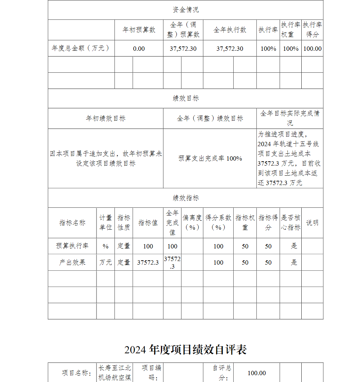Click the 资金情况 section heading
[x=185, y=10]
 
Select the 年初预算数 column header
[x=139, y=30]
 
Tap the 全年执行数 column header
[x=230, y=30]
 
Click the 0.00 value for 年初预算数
[x=139, y=49]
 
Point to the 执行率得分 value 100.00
[x=312, y=49]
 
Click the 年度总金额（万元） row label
[x=81, y=48]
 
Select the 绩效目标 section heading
[x=185, y=98]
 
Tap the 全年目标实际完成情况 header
[x=290, y=118]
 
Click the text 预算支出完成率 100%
[x=210, y=158]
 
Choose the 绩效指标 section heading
[x=185, y=198]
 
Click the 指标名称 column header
[x=72, y=223]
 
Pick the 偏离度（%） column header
[x=192, y=223]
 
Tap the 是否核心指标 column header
[x=291, y=223]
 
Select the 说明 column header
[x=312, y=223]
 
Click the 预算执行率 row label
[x=72, y=246]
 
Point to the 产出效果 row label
[x=72, y=262]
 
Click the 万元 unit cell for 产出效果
[x=105, y=262]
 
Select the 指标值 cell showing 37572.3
[x=148, y=262]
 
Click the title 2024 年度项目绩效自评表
[x=185, y=350]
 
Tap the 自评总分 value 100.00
[x=257, y=373]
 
